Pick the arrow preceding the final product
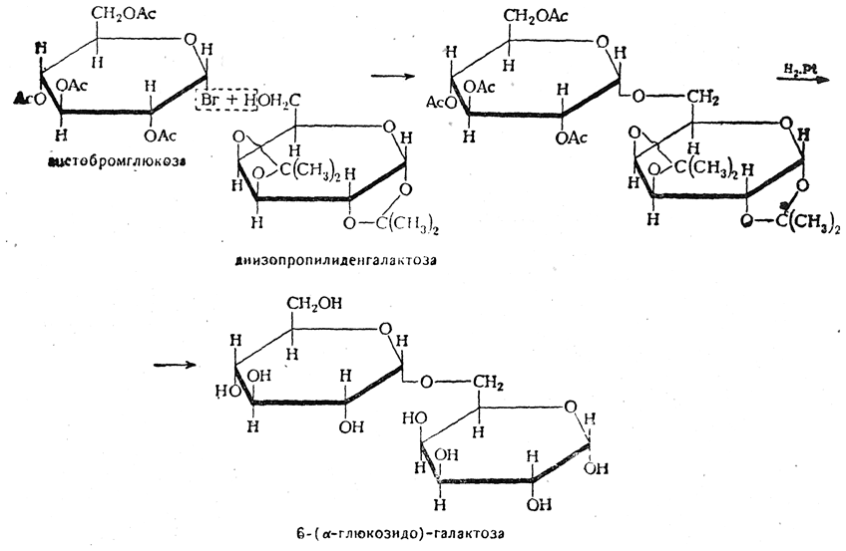(174, 365)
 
